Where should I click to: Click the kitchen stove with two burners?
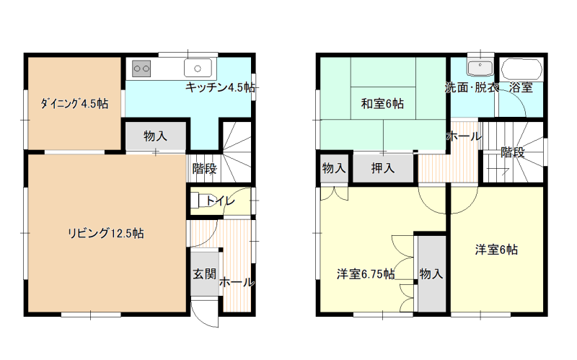(141, 69)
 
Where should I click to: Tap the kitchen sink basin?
(198, 69)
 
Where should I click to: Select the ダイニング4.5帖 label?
(74, 103)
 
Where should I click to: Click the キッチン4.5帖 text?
(220, 87)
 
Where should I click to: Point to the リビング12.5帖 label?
(105, 233)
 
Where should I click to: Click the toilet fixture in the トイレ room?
(201, 201)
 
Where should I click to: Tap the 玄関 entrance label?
(205, 274)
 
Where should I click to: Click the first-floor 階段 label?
(205, 169)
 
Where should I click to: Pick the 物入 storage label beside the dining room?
(155, 136)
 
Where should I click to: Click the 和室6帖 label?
(382, 104)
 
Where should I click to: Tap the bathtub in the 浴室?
(521, 69)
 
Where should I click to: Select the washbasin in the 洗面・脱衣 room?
(480, 67)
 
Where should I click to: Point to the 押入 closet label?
(383, 168)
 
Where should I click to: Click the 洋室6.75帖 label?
(366, 274)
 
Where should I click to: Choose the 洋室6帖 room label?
(496, 250)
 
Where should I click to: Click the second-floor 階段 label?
(513, 152)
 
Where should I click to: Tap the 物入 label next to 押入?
(334, 168)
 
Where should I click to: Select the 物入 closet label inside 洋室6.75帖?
(431, 274)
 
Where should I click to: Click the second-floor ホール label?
(464, 136)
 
